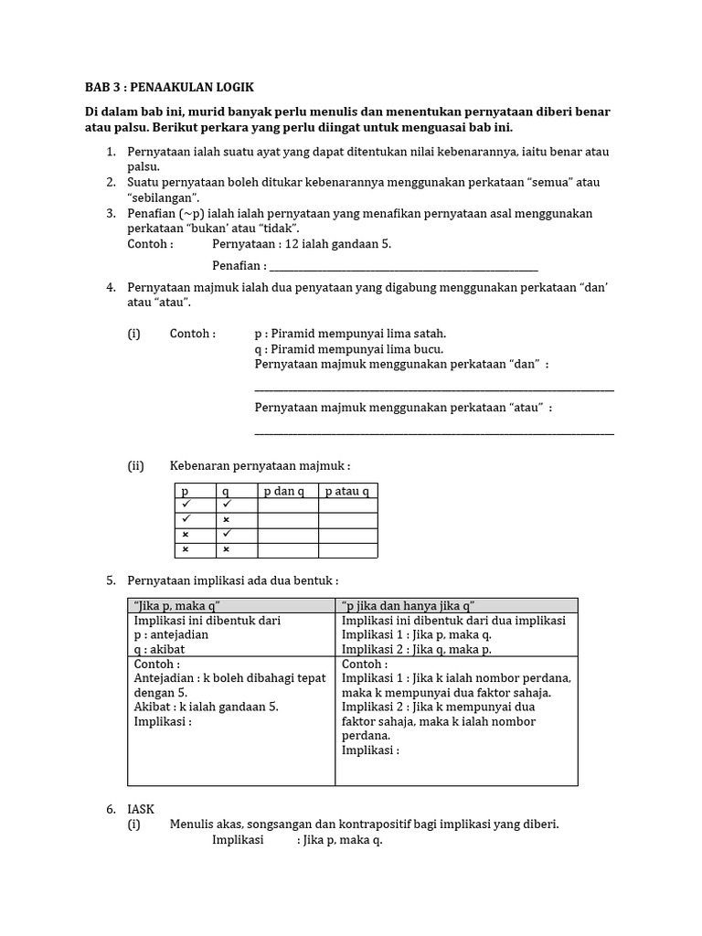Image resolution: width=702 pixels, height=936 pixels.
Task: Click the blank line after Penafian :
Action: coord(403,267)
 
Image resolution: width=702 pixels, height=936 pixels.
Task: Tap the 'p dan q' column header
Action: coord(285,492)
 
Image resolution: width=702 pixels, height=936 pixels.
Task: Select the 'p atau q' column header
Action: coord(347,492)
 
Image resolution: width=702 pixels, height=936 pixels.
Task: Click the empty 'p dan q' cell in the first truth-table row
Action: coord(287,505)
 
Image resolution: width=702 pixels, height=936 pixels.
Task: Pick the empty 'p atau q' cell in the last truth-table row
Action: coord(347,549)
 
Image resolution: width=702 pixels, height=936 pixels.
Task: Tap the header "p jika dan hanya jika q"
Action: coord(408,606)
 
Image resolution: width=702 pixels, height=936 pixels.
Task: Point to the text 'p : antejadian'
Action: coord(172,634)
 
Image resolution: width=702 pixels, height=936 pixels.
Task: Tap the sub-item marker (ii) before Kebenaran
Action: coord(136,466)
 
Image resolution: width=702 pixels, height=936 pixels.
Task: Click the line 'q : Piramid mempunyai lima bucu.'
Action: coord(349,349)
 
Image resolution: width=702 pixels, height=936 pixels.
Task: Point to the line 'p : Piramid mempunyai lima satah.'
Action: coord(350,334)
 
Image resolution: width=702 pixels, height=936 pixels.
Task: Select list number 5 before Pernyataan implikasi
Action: coord(112,580)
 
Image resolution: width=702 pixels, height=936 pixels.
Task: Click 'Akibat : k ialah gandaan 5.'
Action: coord(206,707)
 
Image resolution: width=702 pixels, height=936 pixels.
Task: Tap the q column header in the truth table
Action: coord(226,492)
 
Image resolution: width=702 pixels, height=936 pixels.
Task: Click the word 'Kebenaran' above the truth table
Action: coord(199,466)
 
